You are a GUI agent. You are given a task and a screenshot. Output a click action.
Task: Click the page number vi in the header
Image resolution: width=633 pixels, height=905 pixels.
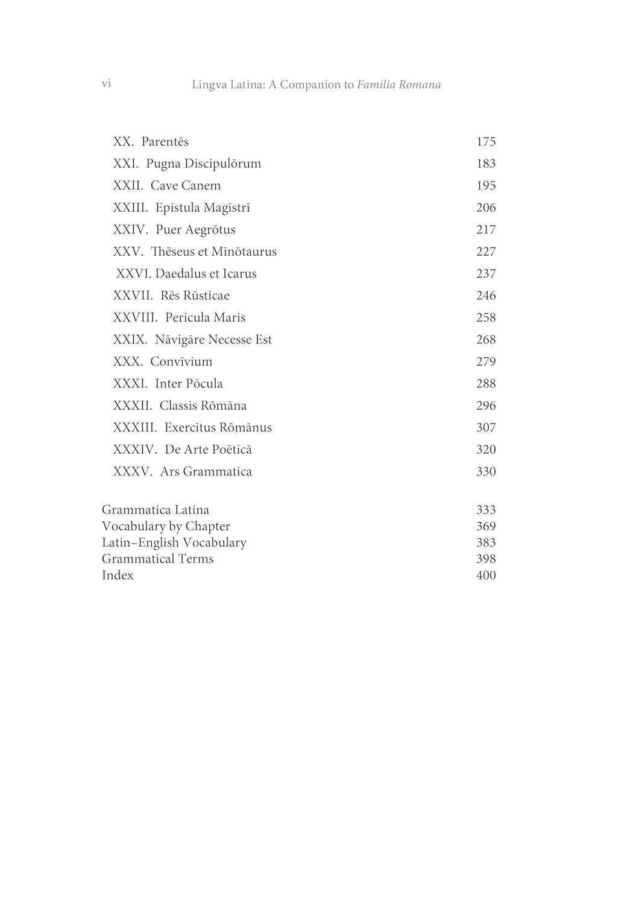point(106,84)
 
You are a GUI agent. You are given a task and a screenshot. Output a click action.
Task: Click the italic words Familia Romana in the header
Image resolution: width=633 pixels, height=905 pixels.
point(398,84)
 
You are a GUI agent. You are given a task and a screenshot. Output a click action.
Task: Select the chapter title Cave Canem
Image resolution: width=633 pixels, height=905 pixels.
point(186,186)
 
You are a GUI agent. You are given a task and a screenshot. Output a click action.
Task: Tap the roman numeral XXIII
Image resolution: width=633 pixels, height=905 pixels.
point(130,208)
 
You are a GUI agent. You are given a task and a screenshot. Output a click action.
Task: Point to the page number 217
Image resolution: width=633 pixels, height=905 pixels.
point(486,230)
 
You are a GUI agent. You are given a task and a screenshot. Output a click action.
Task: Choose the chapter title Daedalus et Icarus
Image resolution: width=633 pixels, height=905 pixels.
point(206,274)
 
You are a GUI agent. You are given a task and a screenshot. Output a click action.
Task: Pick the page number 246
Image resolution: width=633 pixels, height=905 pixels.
point(486,296)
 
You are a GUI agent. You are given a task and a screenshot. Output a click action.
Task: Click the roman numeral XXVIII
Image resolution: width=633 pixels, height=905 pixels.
point(135,318)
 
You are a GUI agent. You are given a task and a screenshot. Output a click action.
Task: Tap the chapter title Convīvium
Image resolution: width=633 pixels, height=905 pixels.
point(181,362)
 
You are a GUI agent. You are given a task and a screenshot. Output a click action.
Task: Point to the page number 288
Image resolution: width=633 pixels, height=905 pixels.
point(486,384)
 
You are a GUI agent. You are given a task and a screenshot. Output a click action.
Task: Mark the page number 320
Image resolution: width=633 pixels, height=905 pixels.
point(486,450)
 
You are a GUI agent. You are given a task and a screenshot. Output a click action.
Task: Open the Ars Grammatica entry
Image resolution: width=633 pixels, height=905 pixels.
point(206,472)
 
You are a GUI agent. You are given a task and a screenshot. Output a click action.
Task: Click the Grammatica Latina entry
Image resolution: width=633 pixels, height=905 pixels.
point(156,510)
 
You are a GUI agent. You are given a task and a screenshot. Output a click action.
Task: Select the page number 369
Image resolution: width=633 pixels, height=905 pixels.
point(486,527)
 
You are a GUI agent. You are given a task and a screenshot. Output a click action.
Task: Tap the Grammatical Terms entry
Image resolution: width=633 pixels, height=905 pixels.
point(157,559)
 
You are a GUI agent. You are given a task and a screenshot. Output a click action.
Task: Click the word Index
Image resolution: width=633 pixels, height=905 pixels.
point(118,576)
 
